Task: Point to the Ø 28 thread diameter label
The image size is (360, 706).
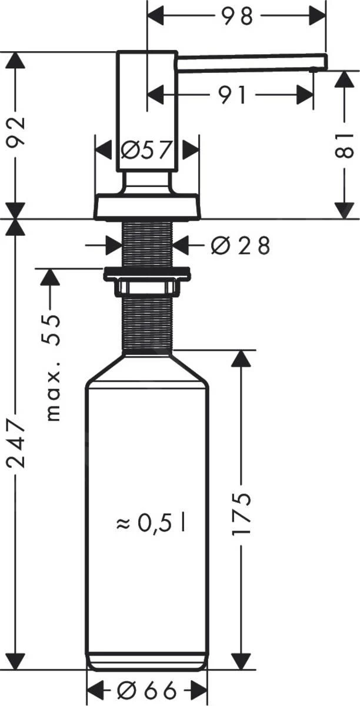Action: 239,245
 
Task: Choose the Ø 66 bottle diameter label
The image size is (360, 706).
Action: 146,690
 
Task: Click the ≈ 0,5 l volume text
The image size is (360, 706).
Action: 151,522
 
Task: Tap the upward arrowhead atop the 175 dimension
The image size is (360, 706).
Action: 241,359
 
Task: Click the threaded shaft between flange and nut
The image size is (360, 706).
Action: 146,241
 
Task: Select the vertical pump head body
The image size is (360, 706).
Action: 146,112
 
